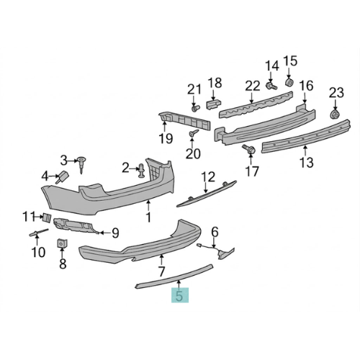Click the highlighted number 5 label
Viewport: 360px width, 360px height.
pos(179,295)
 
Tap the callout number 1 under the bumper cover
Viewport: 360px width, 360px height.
pos(148,217)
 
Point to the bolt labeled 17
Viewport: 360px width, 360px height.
pos(248,149)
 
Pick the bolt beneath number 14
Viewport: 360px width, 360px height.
pos(271,86)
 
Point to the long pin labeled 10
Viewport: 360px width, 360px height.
pos(37,232)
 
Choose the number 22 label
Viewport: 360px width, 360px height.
pos(251,86)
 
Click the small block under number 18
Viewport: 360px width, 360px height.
pos(212,103)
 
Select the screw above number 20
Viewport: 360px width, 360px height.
pos(193,134)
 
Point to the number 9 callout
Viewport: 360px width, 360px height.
pos(114,233)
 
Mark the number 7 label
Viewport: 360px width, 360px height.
pos(161,271)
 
